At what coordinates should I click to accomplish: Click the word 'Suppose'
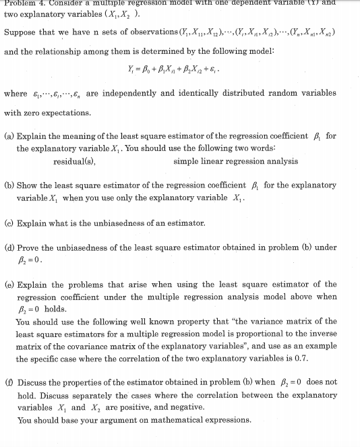21,32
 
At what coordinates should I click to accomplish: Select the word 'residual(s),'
74,161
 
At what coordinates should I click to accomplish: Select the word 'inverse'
322,334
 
